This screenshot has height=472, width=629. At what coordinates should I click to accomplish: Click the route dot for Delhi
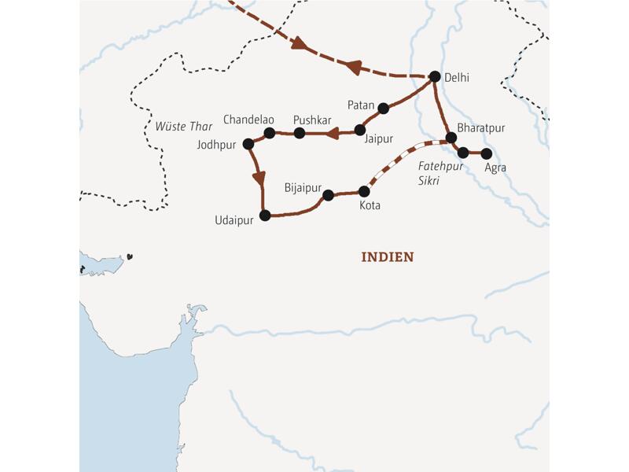[x=434, y=76]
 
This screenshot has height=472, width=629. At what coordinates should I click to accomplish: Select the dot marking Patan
[x=383, y=109]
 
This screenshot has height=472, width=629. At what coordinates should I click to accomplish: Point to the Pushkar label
[x=312, y=119]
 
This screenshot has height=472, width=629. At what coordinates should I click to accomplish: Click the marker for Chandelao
[x=269, y=133]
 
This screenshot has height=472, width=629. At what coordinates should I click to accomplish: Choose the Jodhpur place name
[x=220, y=146]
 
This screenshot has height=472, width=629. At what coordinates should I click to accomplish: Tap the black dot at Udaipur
[x=265, y=215]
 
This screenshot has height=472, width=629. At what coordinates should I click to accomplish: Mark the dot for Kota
[x=364, y=191]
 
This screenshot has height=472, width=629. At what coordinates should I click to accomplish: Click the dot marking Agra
[x=486, y=153]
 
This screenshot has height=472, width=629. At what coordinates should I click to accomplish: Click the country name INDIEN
[x=387, y=257]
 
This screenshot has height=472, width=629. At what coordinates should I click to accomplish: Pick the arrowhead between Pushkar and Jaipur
[x=332, y=133]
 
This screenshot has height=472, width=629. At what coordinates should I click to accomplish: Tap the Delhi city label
[x=458, y=77]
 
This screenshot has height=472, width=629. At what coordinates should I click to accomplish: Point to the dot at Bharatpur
[x=451, y=138]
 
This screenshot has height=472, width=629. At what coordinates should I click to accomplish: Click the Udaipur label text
[x=234, y=221]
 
